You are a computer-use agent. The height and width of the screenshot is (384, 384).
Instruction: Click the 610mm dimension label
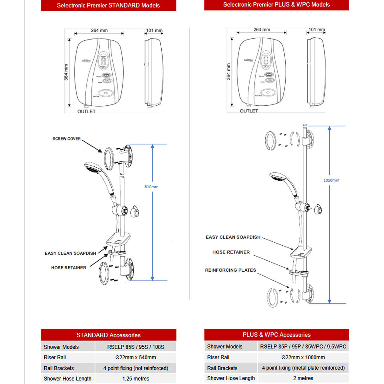(151, 187)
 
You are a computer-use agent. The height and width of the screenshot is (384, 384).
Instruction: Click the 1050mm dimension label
(331, 180)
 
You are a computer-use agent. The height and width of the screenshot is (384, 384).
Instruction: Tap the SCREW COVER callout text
(66, 139)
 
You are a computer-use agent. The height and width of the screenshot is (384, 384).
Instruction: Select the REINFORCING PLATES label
(230, 270)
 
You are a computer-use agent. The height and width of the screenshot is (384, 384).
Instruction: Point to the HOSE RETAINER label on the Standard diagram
(68, 268)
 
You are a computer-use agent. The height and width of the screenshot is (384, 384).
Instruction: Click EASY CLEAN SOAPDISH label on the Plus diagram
(233, 237)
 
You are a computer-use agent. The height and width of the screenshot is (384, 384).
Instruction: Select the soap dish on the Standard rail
(118, 239)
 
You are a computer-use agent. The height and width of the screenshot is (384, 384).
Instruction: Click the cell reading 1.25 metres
(135, 379)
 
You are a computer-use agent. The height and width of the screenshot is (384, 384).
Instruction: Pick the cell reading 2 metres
(303, 378)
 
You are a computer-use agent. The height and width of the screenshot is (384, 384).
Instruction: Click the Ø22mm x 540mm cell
(135, 357)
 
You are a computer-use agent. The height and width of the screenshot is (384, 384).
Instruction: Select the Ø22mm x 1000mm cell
(303, 357)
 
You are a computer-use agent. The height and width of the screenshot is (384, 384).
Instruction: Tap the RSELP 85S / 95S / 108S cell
(135, 347)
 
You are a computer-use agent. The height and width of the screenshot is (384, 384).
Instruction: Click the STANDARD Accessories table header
(108, 335)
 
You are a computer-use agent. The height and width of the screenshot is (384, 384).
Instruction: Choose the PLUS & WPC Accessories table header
(276, 335)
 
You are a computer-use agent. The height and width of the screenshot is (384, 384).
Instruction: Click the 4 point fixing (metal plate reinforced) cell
(303, 368)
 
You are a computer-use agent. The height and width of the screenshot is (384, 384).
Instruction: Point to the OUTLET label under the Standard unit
(86, 111)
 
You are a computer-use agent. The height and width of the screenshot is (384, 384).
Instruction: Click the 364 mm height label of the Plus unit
(228, 71)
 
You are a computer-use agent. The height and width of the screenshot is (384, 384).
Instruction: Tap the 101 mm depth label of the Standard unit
(154, 30)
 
